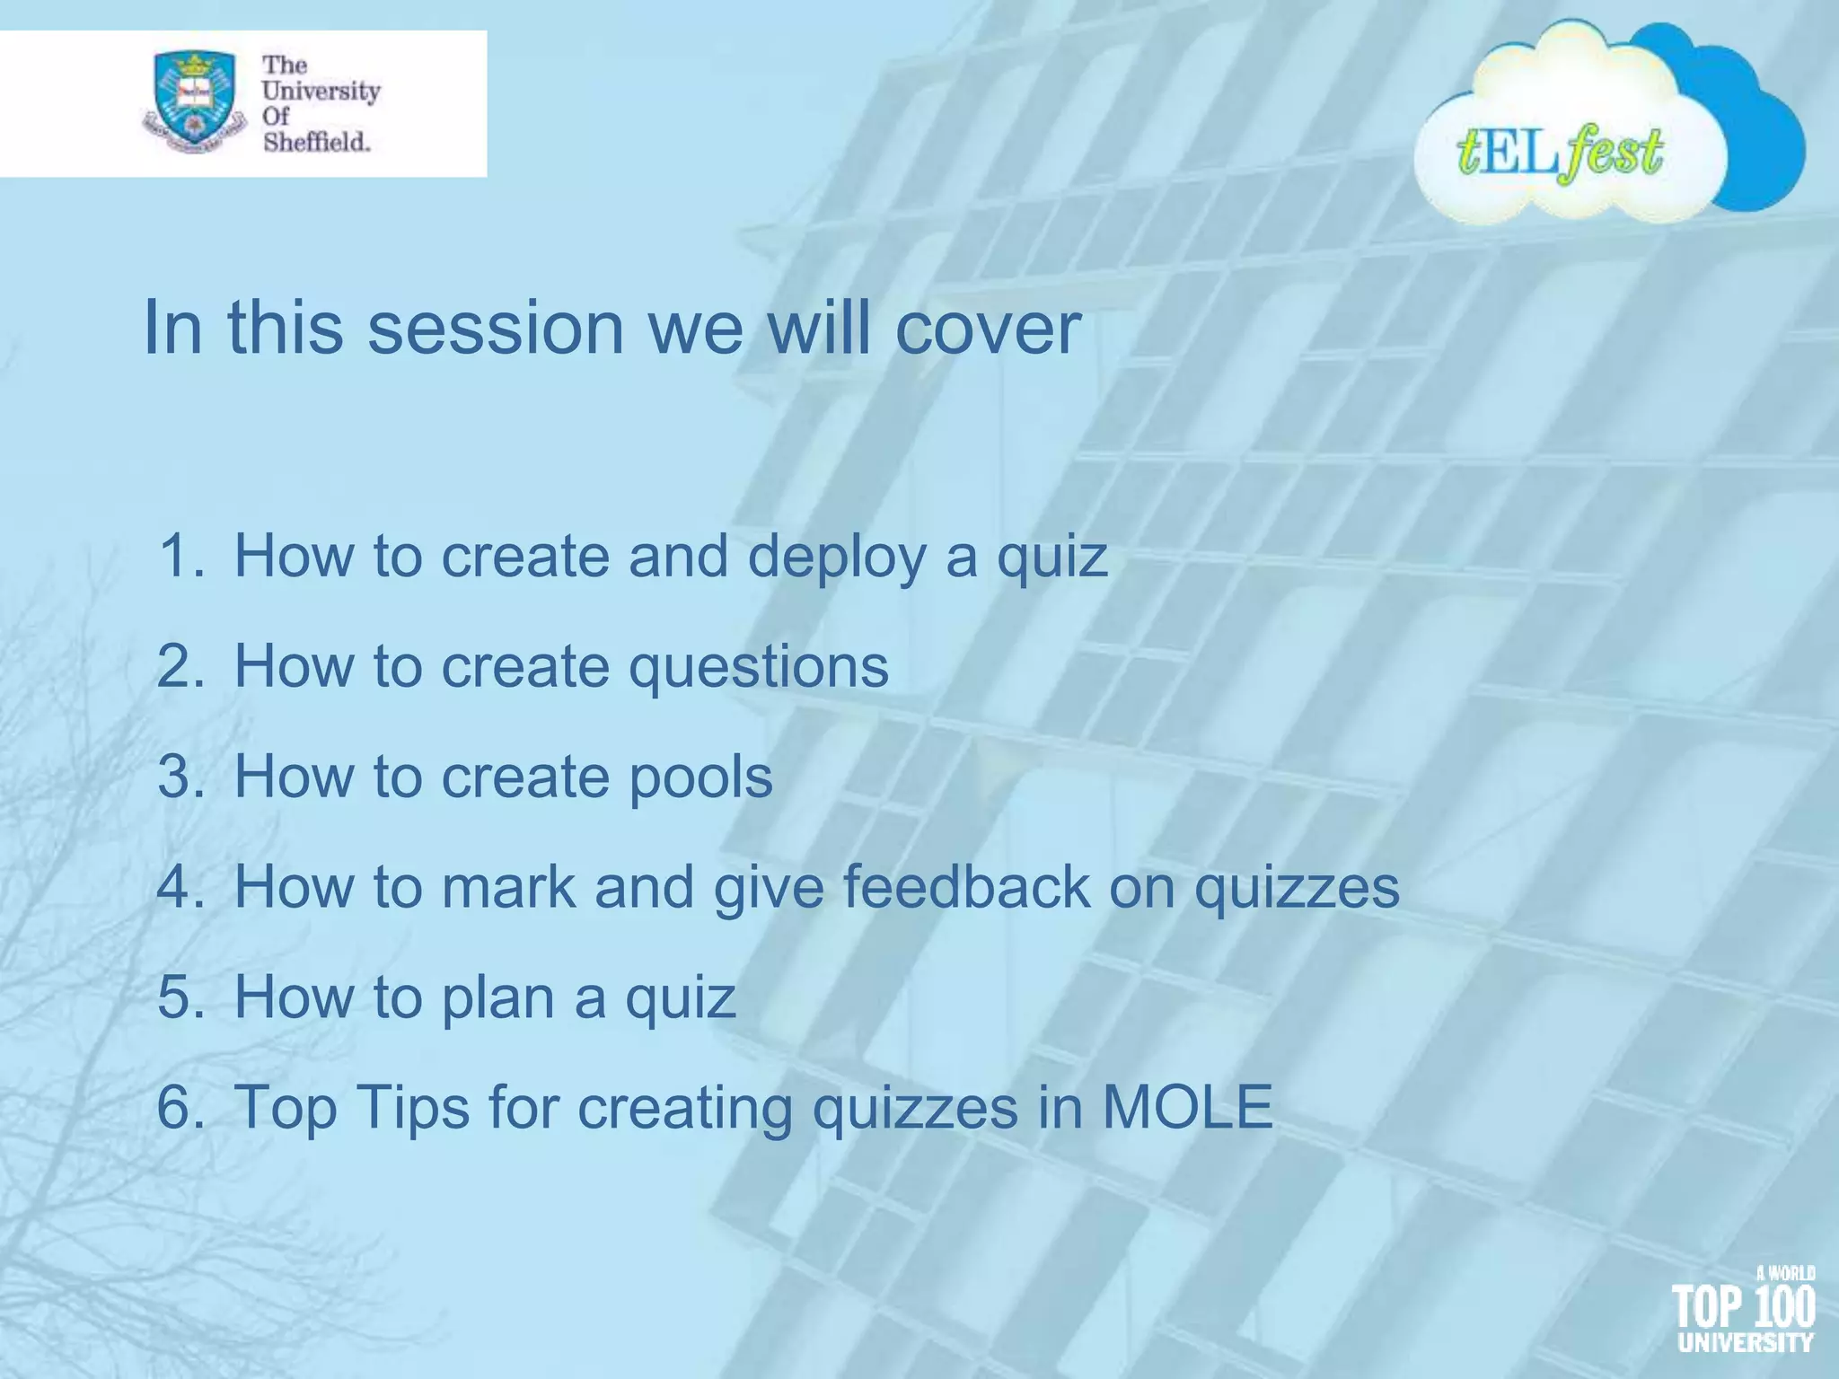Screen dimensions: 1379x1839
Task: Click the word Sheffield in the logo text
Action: coord(316,142)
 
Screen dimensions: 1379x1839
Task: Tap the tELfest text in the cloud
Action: coord(1560,153)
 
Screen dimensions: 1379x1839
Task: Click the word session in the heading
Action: coord(496,328)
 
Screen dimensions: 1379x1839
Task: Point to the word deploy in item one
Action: coord(837,558)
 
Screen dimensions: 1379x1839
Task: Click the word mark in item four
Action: coord(509,887)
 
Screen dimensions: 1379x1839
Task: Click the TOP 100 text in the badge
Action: coord(1743,1307)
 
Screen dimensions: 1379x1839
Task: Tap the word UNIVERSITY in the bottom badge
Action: coord(1746,1343)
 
